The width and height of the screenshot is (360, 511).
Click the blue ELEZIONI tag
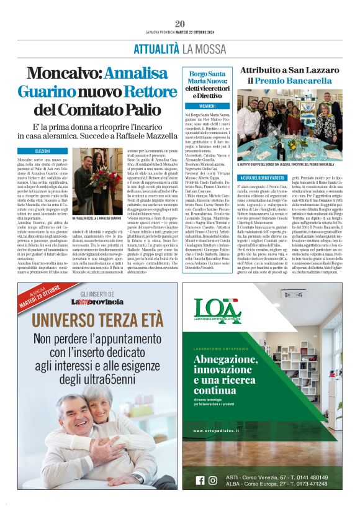pyautogui.click(x=43, y=151)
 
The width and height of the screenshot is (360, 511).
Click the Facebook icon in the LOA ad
pyautogui.click(x=200, y=480)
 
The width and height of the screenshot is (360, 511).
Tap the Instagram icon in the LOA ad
pyautogui.click(x=213, y=480)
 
